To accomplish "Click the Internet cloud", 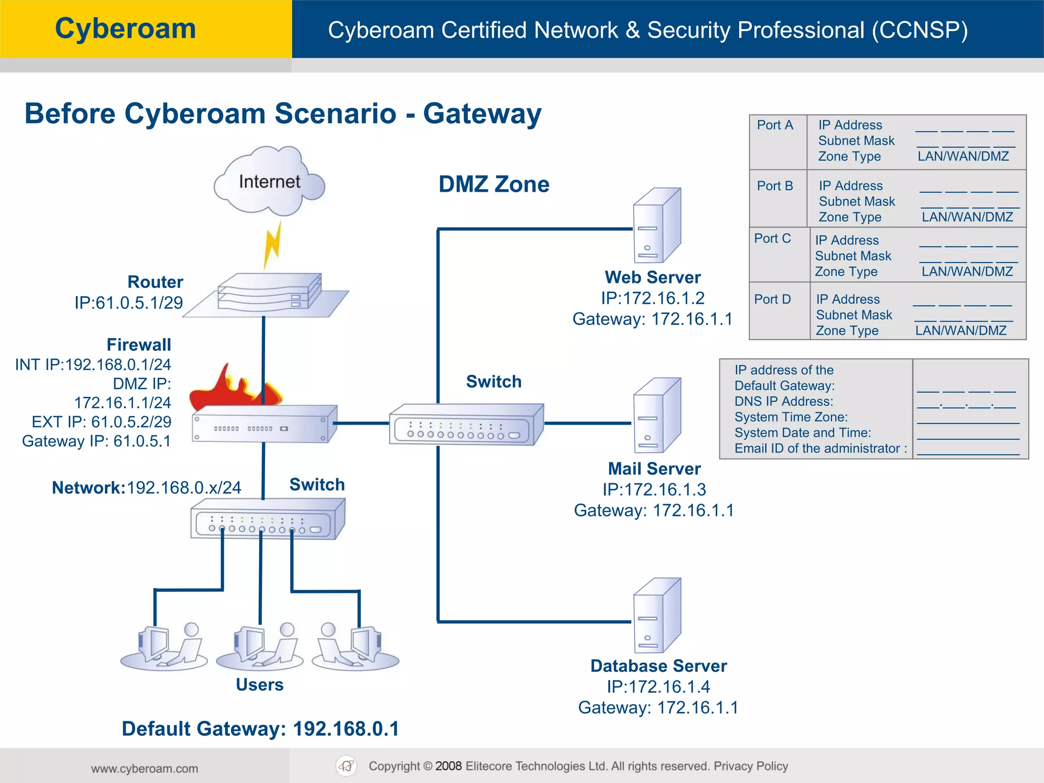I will [269, 181].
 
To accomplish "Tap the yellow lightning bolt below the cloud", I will [272, 245].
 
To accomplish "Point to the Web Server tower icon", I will [656, 225].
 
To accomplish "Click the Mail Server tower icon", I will [656, 415].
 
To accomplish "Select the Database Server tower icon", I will [656, 615].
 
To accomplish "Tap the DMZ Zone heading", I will [493, 184].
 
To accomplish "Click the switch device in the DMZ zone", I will [465, 425].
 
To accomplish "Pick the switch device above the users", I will [267, 519].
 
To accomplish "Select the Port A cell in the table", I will [775, 125].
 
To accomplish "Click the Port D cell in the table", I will [772, 299].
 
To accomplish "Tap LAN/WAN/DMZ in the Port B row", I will [967, 217].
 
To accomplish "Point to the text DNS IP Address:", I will [784, 402].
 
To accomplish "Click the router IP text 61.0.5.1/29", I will [128, 303].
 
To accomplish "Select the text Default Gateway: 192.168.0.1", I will [260, 729].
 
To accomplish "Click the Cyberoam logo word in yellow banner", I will [125, 29].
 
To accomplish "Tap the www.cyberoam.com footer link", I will [145, 769].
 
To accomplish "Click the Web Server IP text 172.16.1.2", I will [652, 298].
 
